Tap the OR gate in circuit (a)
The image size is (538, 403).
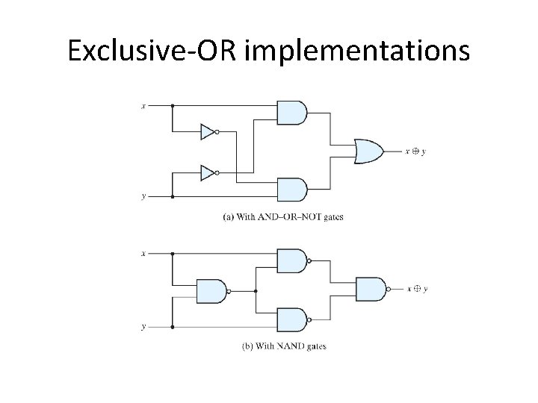368,151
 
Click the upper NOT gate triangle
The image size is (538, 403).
208,132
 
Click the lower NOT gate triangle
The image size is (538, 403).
208,173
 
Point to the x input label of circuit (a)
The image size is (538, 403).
143,106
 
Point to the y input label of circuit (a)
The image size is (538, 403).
143,197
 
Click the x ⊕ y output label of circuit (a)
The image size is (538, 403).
415,151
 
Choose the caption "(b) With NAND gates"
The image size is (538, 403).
285,346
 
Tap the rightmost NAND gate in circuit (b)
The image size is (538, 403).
371,288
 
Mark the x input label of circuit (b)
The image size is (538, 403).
143,254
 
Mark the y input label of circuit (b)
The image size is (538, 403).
143,327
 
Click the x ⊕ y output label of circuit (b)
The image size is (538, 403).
417,289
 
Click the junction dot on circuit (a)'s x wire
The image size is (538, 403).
173,106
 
